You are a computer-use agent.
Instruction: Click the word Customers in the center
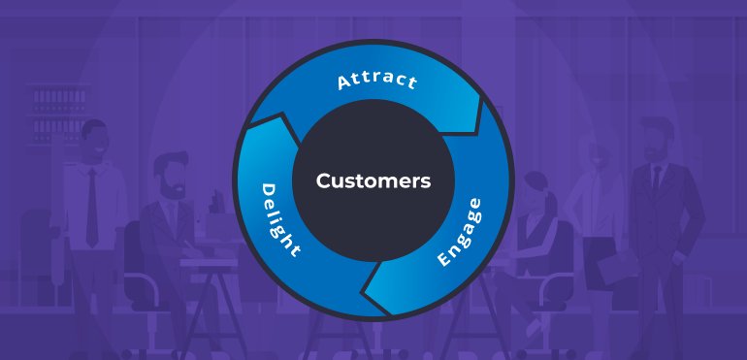[x=373, y=180]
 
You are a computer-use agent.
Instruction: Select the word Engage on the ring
[x=459, y=234]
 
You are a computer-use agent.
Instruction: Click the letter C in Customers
[x=323, y=180]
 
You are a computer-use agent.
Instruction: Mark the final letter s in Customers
[x=425, y=181]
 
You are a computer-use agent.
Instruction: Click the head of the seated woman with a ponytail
[x=536, y=193]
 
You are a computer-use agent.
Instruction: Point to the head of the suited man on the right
[x=658, y=137]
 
